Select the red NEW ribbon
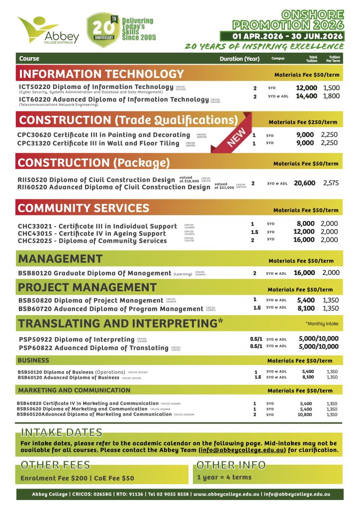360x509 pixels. point(237,136)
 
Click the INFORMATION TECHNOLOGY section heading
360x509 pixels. point(101,75)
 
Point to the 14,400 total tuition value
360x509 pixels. point(306,96)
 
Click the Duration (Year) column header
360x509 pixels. point(240,59)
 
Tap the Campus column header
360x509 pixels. point(278,59)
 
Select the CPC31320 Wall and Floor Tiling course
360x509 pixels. point(98,143)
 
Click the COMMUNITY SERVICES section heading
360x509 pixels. point(84,208)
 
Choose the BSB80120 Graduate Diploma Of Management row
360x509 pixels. point(94,273)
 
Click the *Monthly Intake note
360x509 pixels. point(322,324)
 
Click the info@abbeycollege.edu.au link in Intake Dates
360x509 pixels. point(242,450)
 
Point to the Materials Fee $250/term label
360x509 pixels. point(303,122)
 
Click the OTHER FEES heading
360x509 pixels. point(55,465)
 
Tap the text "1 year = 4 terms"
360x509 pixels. point(224,477)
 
